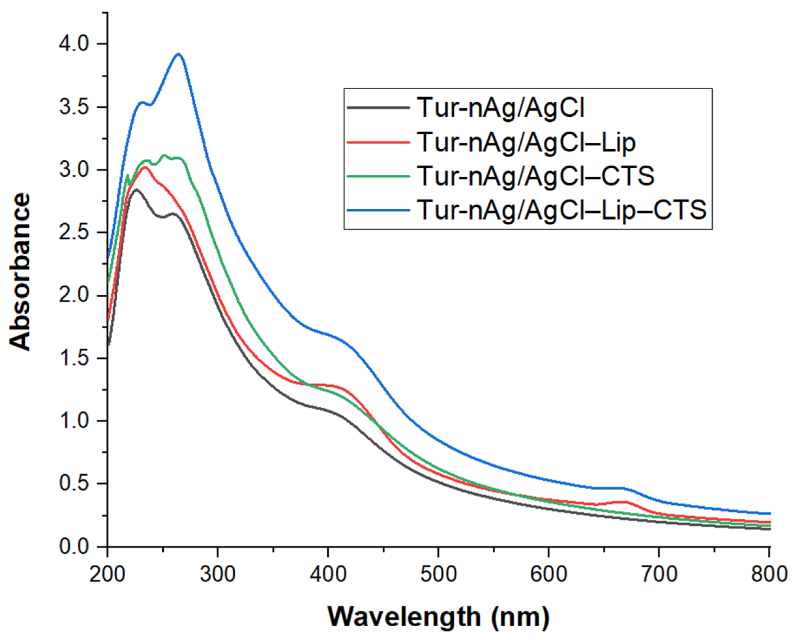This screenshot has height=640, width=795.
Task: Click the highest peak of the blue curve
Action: click(x=179, y=54)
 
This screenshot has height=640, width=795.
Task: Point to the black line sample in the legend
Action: click(x=378, y=108)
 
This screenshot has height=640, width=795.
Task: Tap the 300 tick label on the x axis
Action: click(x=217, y=574)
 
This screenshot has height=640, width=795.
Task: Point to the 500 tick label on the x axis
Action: click(x=438, y=574)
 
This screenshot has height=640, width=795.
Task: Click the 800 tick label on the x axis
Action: click(x=769, y=574)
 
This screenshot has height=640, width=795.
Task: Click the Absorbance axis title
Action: click(x=20, y=272)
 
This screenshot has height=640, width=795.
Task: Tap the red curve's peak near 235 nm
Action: click(x=144, y=168)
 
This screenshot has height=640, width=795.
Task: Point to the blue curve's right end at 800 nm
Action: click(x=769, y=513)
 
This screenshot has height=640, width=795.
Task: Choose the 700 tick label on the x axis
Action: click(x=659, y=574)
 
